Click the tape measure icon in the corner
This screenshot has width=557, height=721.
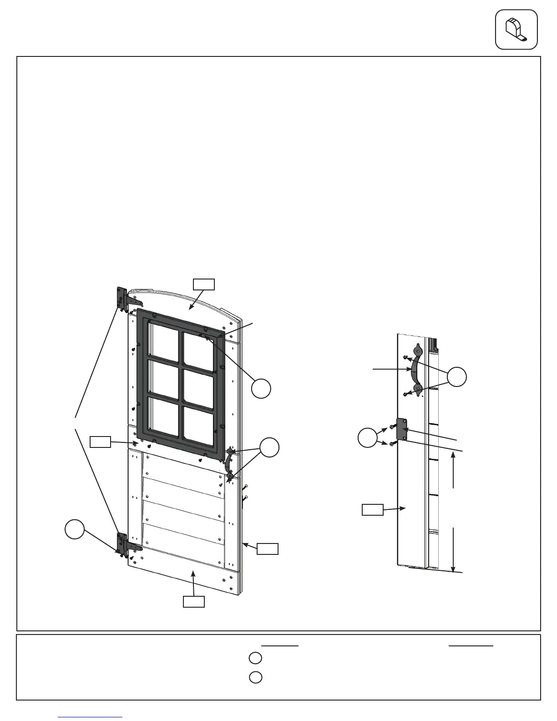coord(516,29)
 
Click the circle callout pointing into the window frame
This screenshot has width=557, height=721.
coord(262,388)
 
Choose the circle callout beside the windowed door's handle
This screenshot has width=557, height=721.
coord(269,447)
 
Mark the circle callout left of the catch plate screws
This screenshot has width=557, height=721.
coord(368,437)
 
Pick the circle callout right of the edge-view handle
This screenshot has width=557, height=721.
coord(456,377)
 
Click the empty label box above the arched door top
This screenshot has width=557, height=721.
coord(203,284)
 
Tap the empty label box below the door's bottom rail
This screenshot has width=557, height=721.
coord(193,602)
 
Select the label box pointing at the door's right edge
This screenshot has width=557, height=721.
coord(268,548)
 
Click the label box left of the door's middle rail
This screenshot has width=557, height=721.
coord(100,442)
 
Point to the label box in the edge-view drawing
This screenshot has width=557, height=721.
coord(373,509)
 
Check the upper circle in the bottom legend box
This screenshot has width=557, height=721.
coord(256,658)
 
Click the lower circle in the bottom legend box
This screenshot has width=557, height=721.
coord(256,677)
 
